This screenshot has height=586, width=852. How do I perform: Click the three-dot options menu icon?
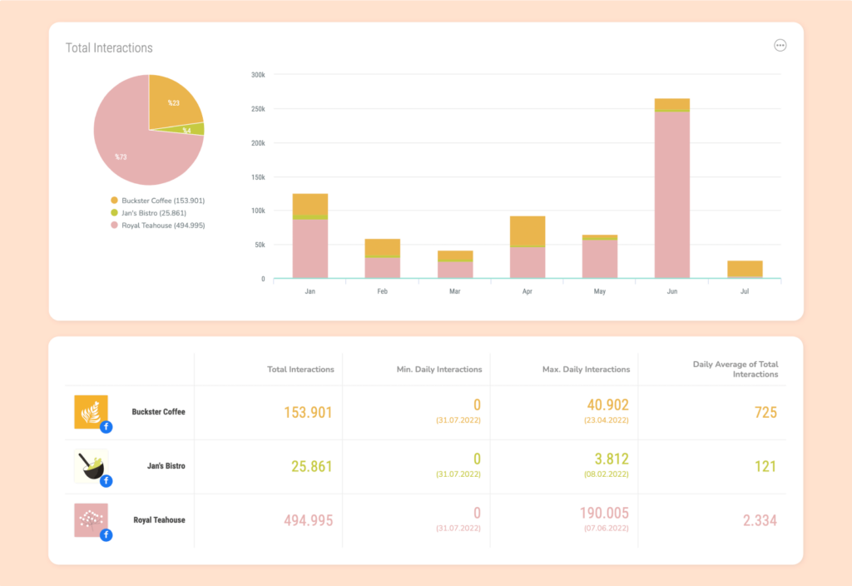(780, 46)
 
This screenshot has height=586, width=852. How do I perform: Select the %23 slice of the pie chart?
(173, 103)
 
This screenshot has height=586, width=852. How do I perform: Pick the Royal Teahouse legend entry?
(157, 225)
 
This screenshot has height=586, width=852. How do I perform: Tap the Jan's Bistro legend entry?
(148, 213)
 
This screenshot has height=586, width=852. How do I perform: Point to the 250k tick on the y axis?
(258, 109)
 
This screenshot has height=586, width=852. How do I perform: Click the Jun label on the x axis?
(672, 291)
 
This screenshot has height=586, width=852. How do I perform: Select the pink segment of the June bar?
(672, 195)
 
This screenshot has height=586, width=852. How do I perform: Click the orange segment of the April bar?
(527, 231)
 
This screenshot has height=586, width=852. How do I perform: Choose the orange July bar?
(745, 269)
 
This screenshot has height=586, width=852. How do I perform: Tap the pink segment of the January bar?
(310, 248)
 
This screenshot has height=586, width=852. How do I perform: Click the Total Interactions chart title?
(109, 47)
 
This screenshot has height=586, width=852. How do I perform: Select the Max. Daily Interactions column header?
(586, 369)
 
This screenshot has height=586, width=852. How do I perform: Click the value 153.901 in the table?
(308, 413)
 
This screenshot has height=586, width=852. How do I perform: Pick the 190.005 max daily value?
(604, 513)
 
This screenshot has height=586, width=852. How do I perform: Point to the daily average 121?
(765, 466)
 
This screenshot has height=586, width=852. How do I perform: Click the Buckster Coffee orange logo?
(91, 411)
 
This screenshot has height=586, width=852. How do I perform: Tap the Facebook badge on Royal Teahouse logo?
(106, 535)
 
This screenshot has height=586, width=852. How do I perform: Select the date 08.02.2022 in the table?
(607, 474)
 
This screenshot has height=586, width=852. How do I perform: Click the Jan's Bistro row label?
(166, 466)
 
